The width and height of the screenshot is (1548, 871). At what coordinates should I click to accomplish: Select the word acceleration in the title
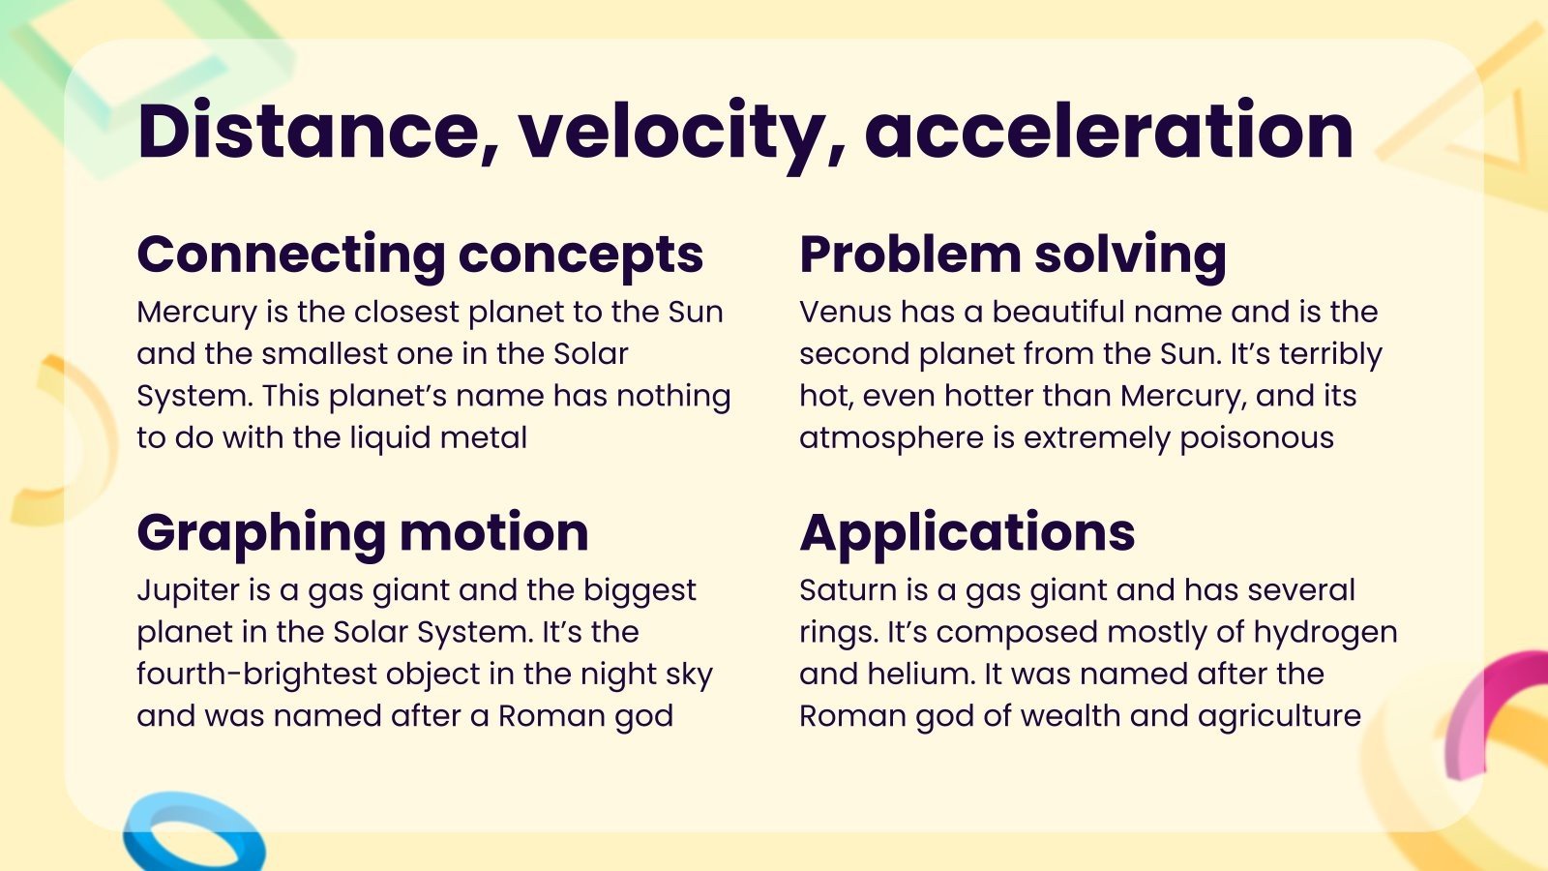click(1109, 132)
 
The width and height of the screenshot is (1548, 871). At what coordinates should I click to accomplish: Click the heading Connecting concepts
click(420, 255)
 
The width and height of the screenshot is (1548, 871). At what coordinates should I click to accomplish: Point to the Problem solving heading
click(1013, 255)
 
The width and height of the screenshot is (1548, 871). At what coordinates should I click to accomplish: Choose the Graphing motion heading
click(363, 532)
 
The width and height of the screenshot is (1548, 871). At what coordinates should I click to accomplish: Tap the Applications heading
click(967, 532)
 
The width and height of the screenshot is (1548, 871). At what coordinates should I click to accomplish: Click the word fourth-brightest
click(256, 674)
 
